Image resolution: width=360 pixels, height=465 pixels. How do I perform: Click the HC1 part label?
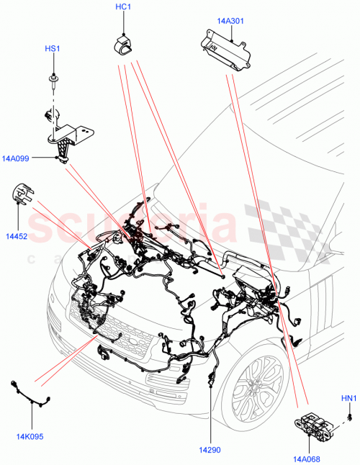coord(124,7)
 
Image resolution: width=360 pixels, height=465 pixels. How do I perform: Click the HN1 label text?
coord(347,397)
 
